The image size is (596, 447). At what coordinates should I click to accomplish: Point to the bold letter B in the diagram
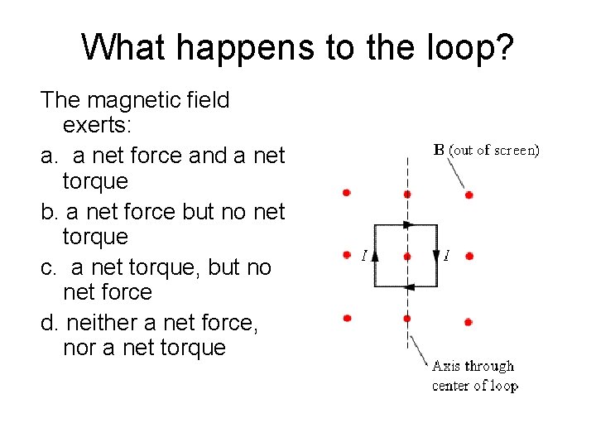point(440,150)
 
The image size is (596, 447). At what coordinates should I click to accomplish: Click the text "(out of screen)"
point(494,150)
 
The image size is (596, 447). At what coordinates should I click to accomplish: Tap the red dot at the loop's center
point(406,257)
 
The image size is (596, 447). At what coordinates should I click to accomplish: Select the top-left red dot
point(347,193)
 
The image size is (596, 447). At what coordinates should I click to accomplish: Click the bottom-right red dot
point(469,320)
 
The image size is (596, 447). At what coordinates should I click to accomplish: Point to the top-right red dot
point(469,195)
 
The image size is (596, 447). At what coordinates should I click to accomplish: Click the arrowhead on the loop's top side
point(406,224)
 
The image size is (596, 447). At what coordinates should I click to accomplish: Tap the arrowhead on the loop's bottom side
point(406,286)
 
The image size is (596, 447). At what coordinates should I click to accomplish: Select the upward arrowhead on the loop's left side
point(375,256)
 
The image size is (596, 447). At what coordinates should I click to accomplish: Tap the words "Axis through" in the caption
point(473,366)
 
